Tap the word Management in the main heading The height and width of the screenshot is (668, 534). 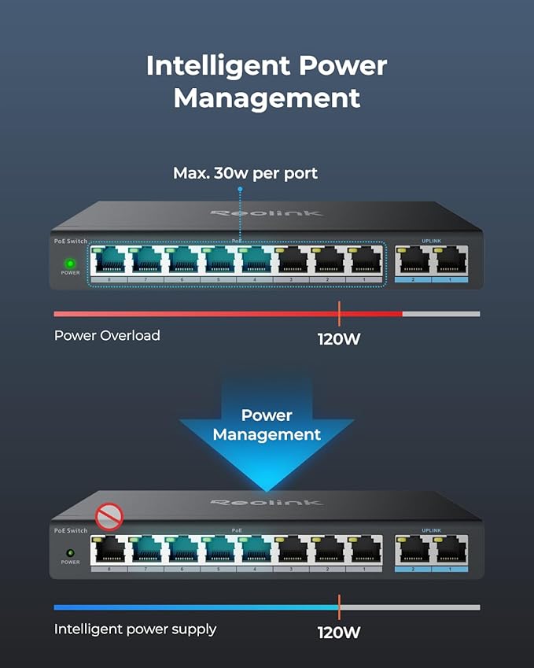point(267,99)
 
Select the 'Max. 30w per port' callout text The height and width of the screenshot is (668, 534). point(245,173)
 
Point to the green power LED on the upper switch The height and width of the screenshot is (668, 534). point(69,264)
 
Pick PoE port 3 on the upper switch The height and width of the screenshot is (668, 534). point(292,263)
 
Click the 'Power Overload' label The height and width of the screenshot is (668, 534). point(107,335)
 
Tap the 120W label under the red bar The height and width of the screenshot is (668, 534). point(339,340)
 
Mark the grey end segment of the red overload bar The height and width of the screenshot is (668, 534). point(440,314)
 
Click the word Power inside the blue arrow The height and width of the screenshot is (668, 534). point(267,415)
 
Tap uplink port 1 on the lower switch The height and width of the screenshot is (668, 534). point(451,552)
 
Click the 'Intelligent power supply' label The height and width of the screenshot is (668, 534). point(135,629)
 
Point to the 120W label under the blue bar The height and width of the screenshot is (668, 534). point(339,632)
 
